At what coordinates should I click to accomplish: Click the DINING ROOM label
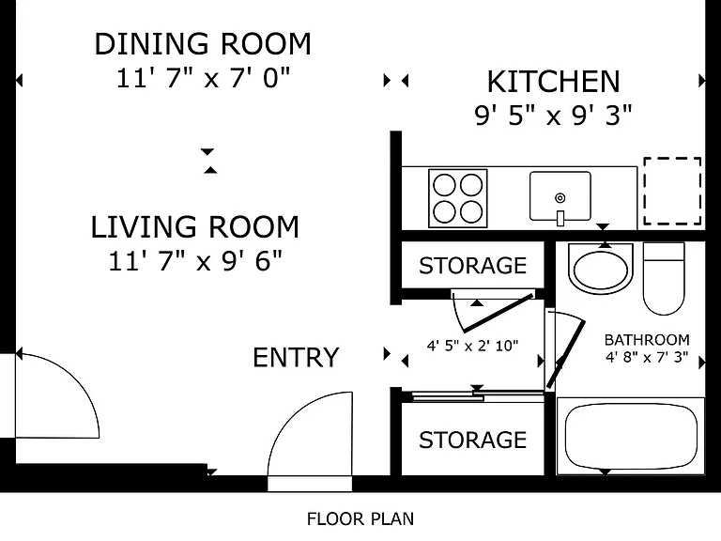pos(203,44)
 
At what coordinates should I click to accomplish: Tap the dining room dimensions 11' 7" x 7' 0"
pos(203,78)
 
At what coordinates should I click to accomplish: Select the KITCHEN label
pos(554,82)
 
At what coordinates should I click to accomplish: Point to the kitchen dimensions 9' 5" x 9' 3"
pos(553,115)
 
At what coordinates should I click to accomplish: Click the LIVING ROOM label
pos(195,227)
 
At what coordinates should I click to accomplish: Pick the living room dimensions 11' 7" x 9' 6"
pos(195,261)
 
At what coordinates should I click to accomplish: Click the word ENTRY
pos(296,358)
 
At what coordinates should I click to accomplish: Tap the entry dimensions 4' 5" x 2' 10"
pos(473,346)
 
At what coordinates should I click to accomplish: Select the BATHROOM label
pos(647,340)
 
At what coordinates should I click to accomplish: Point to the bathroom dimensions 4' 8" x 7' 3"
pos(647,357)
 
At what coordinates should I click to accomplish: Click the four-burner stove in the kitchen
pos(458,198)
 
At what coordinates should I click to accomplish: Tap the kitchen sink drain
pos(560,198)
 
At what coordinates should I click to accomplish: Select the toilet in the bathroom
pos(664,279)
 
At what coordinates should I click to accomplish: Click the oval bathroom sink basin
pos(601,270)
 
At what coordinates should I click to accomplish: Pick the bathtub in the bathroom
pos(631,436)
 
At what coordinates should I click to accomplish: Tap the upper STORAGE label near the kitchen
pos(473,266)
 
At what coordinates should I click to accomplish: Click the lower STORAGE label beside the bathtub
pos(473,441)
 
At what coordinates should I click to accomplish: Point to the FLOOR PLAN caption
pos(360,518)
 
